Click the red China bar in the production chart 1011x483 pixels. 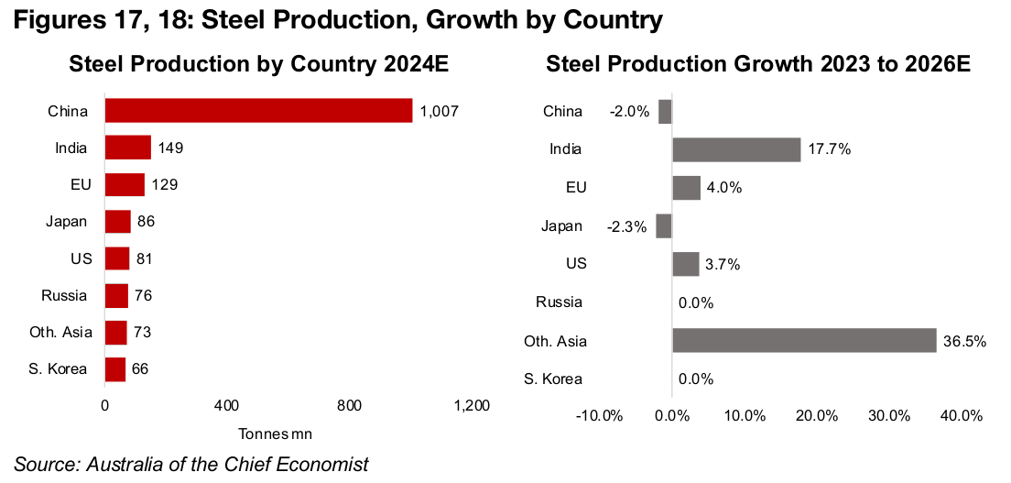[258, 111]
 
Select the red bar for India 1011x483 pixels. [127, 148]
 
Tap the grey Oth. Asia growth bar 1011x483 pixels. [804, 341]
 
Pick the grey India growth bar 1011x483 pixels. [736, 149]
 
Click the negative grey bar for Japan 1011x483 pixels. [664, 225]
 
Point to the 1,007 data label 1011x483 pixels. [439, 111]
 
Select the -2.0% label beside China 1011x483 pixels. [629, 112]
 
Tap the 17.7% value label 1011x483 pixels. [829, 149]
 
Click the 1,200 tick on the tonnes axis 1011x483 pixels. [472, 406]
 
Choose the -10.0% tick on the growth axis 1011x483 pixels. [600, 415]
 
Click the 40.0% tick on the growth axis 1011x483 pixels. [961, 415]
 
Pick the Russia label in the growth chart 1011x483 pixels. [560, 302]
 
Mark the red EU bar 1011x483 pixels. [125, 184]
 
